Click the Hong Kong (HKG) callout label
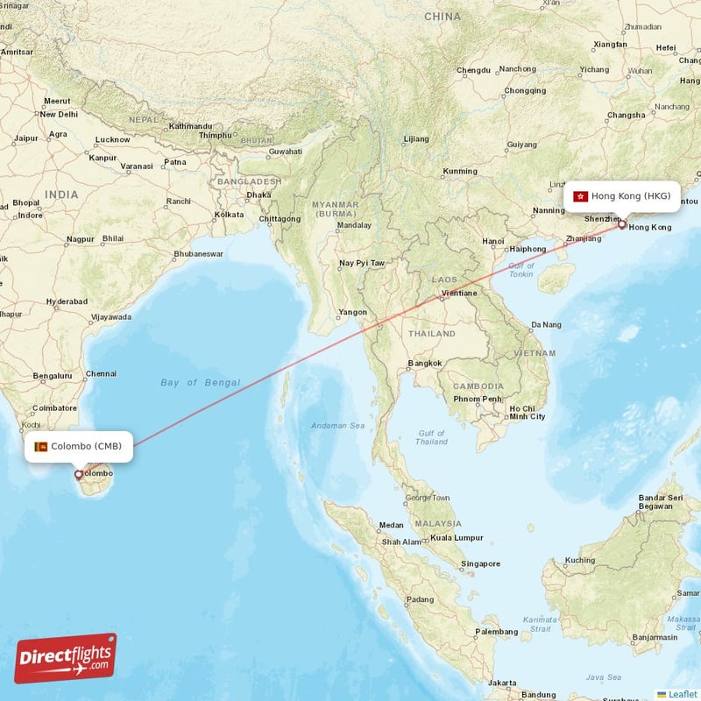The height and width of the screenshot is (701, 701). click(622, 196)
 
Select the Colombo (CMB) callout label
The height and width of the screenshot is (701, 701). click(79, 447)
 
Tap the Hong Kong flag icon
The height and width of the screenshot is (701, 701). click(579, 196)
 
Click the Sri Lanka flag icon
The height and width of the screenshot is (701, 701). click(40, 447)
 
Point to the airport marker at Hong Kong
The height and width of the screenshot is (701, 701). click(622, 224)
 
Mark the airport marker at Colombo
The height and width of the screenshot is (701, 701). click(79, 475)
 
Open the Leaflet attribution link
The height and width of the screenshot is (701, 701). click(683, 694)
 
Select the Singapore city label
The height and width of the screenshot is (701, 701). click(480, 563)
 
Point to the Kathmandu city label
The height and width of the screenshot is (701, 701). click(191, 126)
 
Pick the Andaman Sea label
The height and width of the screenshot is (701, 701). click(337, 427)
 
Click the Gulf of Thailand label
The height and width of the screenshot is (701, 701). click(431, 437)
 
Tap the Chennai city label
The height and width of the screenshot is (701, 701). click(101, 373)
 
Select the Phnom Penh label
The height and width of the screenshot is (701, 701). click(478, 400)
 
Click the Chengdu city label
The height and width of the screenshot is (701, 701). click(473, 70)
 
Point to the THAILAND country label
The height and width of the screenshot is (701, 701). click(432, 334)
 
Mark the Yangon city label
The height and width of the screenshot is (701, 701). click(353, 312)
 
